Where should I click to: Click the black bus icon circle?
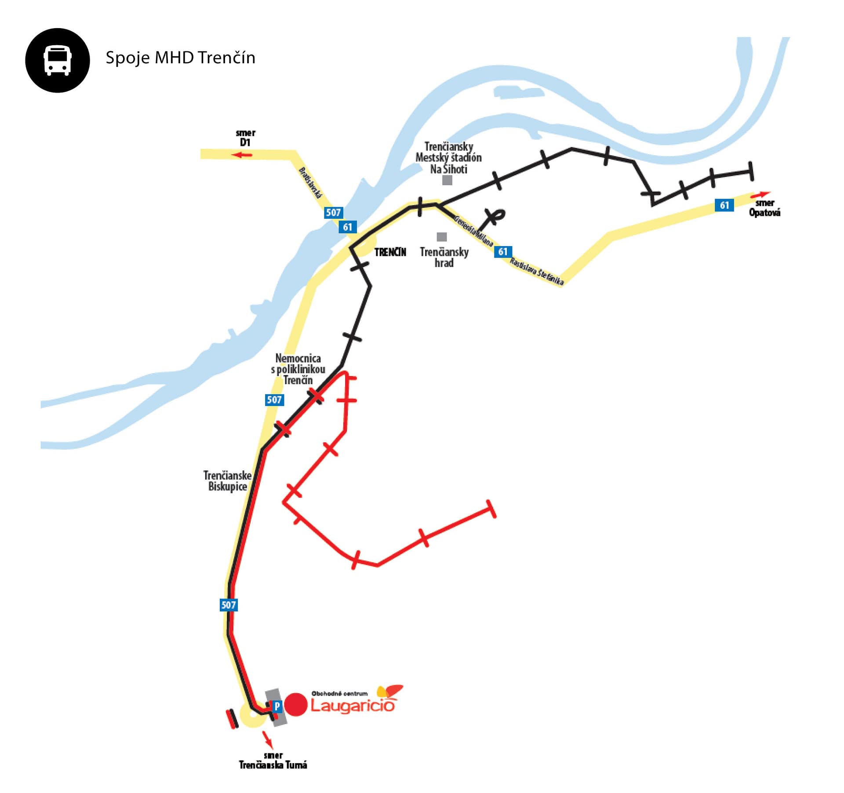[58, 60]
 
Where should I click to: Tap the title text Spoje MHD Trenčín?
[180, 58]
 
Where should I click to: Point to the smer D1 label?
[245, 138]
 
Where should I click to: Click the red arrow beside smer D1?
[242, 155]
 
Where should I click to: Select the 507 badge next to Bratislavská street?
[333, 213]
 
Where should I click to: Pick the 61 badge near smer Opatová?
[724, 205]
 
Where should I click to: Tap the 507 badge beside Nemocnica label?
[274, 400]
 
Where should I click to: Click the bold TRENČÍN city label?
[390, 252]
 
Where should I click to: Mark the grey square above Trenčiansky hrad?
[442, 237]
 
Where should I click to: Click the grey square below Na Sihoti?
[447, 180]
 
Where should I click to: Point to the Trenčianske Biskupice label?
[227, 481]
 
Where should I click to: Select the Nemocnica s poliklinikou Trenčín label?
[298, 369]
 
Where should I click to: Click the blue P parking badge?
[277, 706]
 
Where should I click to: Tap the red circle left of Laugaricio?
[295, 704]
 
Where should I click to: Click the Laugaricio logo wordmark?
[353, 706]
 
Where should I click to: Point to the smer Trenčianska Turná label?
[273, 760]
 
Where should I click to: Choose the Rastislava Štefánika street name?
[537, 271]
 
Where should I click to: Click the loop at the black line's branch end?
[498, 214]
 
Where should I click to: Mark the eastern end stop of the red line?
[491, 509]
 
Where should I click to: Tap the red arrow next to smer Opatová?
[760, 194]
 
